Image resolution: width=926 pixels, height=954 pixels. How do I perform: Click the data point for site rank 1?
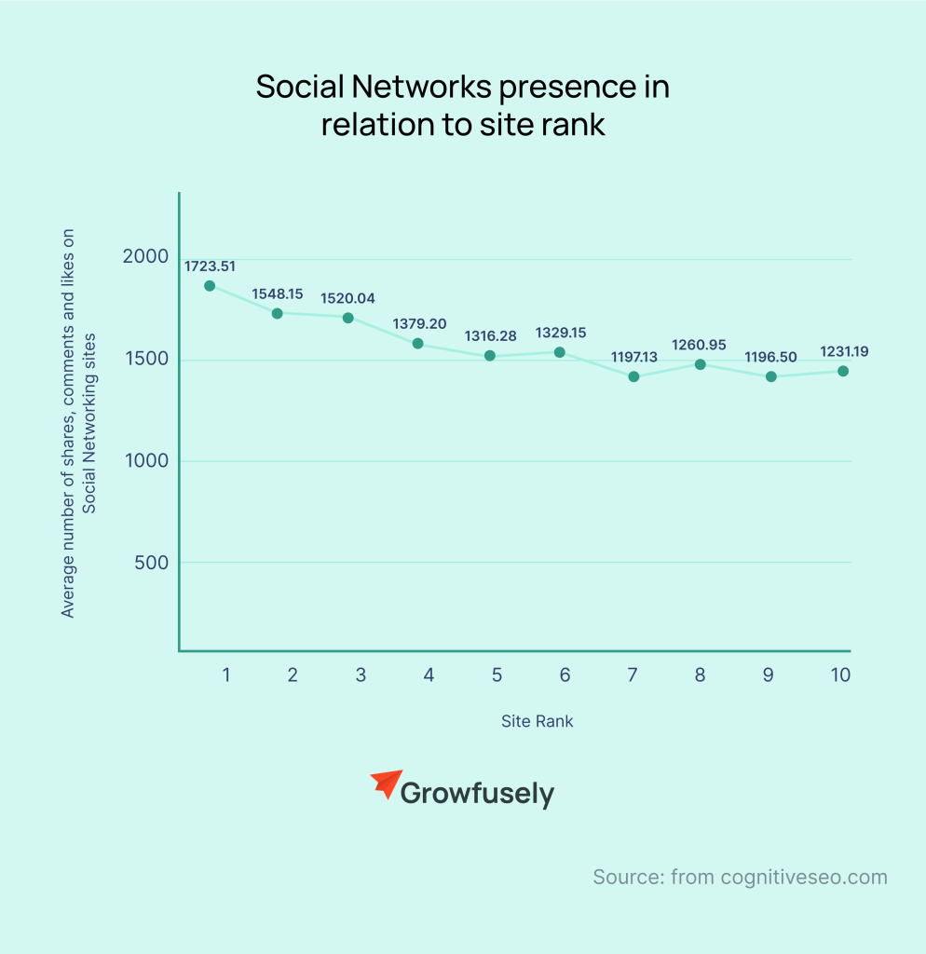tap(210, 286)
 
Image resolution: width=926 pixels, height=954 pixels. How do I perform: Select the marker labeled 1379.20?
tap(417, 344)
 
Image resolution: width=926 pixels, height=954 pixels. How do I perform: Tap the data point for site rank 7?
tap(633, 376)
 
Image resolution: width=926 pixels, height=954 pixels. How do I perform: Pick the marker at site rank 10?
tap(842, 371)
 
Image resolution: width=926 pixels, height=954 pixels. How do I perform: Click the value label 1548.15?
tap(278, 294)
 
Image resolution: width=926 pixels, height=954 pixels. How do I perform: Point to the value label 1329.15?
tap(561, 333)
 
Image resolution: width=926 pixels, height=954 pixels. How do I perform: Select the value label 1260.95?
tap(700, 346)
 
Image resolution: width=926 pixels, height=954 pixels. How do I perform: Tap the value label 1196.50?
tap(770, 357)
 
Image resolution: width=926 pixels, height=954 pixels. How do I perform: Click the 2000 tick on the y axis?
tap(146, 257)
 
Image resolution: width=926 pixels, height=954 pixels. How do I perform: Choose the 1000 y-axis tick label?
tap(146, 460)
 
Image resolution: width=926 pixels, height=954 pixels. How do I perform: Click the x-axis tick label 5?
tap(497, 675)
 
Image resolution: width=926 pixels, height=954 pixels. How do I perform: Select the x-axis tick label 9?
tap(768, 675)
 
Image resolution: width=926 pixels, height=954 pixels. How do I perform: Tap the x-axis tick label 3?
tap(361, 675)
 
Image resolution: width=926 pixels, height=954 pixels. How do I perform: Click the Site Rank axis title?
tap(537, 721)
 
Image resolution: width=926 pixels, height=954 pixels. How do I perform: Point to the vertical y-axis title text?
tap(78, 424)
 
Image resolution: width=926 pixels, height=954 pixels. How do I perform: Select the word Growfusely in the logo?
tap(477, 795)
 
